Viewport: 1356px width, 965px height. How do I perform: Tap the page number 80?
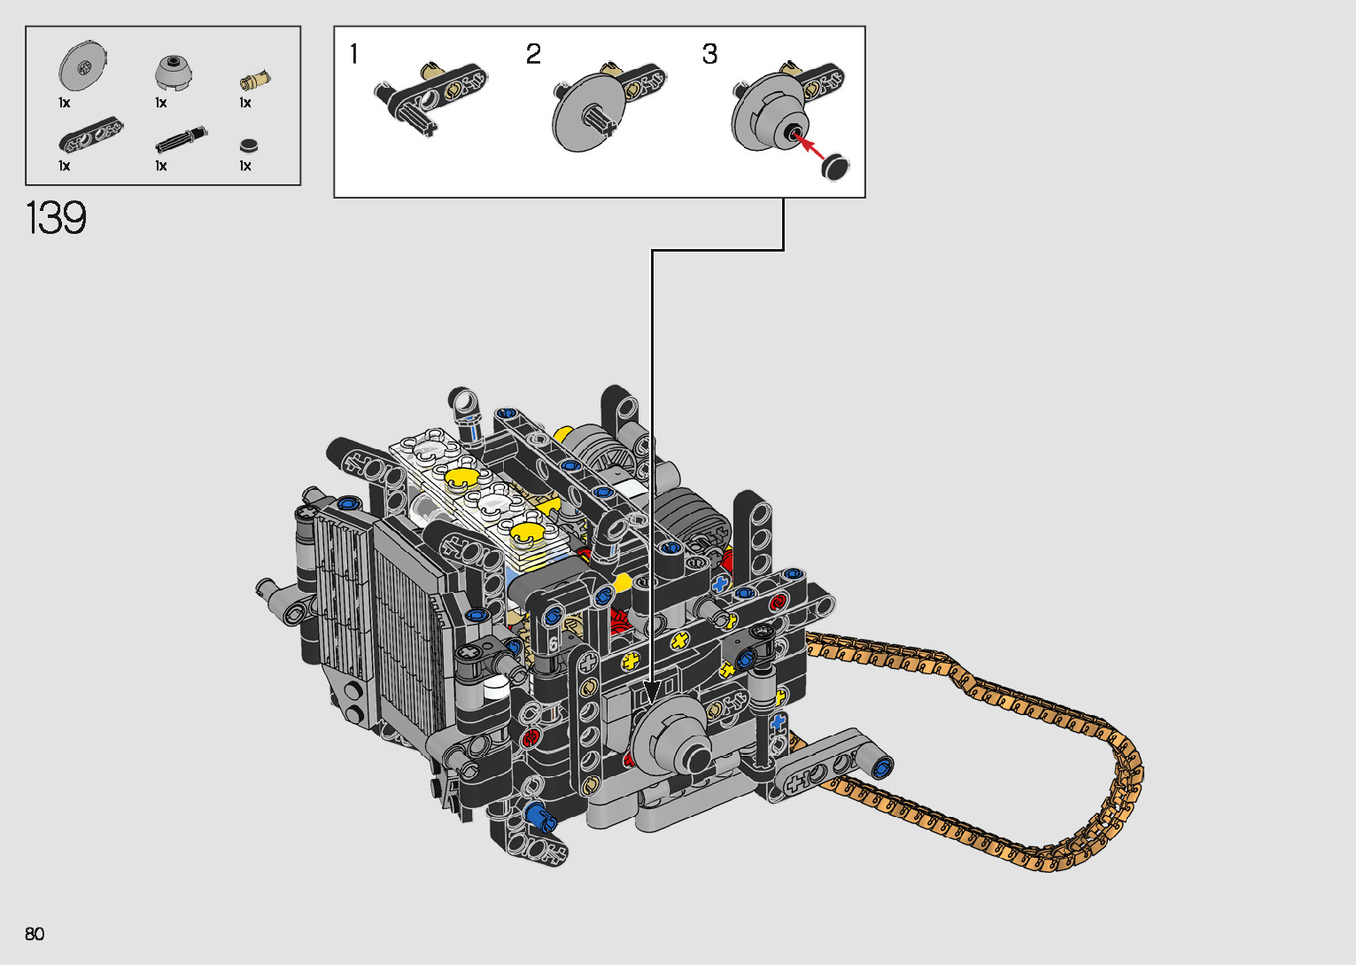35,933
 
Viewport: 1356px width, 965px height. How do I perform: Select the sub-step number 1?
354,54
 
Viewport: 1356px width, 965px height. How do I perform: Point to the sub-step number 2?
532,54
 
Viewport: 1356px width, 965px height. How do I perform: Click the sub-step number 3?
709,54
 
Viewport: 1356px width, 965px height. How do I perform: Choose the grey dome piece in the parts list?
174,72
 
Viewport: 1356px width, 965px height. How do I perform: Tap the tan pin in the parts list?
255,80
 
